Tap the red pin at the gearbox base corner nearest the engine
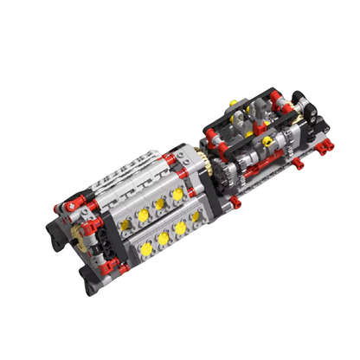(235, 207)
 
